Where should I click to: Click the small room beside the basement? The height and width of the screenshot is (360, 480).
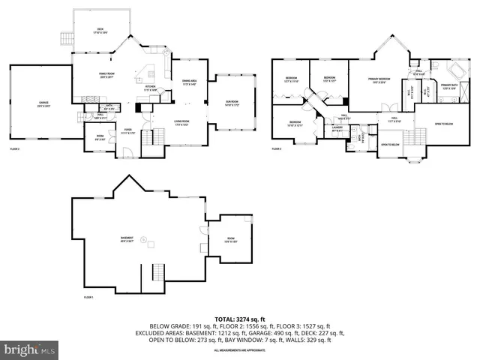pyautogui.click(x=232, y=240)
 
